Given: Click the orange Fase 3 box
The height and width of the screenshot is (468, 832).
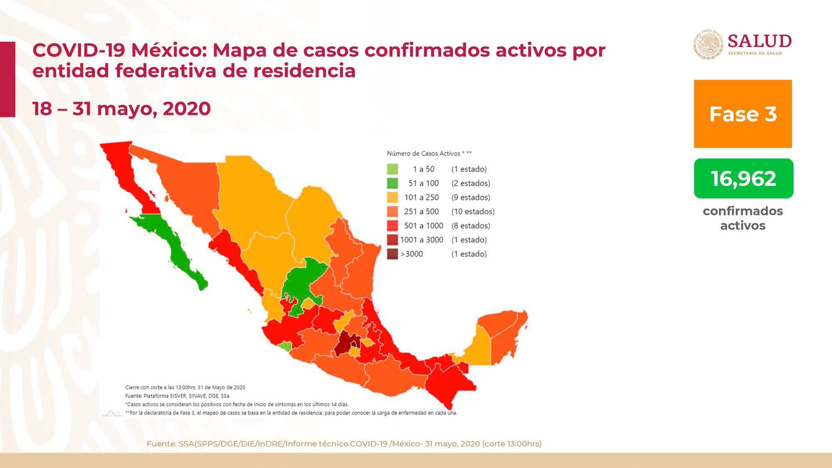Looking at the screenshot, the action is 743,114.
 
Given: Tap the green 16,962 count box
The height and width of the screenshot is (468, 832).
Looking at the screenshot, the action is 743,178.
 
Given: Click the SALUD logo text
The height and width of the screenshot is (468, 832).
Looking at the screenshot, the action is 760,41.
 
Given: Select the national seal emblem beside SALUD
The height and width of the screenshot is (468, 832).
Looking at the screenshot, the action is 709,44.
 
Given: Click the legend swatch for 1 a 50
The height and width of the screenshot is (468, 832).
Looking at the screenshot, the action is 393,169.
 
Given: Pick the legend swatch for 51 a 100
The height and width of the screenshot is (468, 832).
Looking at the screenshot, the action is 393,183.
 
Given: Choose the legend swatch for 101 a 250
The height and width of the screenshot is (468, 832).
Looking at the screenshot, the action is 393,197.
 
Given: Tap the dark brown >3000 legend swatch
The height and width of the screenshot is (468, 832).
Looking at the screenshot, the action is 393,254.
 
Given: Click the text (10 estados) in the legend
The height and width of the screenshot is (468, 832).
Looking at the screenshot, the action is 473,211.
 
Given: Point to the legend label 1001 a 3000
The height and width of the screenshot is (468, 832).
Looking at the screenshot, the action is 422,240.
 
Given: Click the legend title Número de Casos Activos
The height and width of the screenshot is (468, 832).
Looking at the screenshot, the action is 423,154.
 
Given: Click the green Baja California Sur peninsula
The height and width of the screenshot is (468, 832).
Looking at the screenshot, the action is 175,248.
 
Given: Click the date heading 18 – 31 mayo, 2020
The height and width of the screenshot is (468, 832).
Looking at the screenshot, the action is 121,109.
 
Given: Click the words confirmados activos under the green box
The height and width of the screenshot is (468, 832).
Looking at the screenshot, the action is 743,218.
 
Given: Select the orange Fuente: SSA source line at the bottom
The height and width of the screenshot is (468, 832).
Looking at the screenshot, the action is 344,444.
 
